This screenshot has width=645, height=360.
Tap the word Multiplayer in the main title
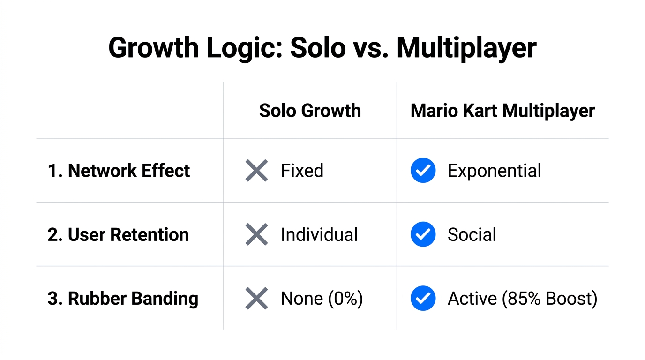466,48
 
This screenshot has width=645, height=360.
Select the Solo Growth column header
310,111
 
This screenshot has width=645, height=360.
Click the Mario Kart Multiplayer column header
502,111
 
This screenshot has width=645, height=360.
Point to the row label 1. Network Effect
119,171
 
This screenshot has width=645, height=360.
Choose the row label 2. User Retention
118,234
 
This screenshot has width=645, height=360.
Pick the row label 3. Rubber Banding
123,299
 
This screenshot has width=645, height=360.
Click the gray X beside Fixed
256,171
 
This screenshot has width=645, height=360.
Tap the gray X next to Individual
256,234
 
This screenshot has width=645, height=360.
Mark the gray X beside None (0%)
256,299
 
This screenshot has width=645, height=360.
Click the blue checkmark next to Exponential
423,171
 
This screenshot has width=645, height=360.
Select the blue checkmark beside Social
423,234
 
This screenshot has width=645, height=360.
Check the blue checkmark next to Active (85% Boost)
423,299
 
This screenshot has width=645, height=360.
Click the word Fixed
302,171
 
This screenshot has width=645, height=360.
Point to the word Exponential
494,171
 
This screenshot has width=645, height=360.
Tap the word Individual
319,234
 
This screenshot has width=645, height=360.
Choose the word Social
472,234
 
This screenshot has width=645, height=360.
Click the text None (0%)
322,299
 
